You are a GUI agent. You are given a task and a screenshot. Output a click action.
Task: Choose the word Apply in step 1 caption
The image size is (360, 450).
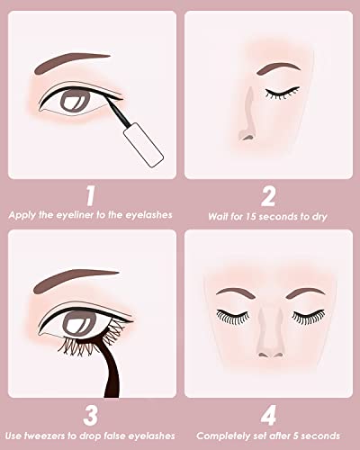[23, 216]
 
